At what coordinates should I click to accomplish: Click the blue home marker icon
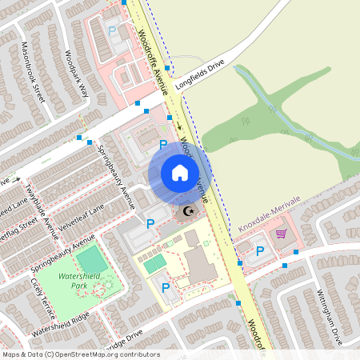[x=180, y=173]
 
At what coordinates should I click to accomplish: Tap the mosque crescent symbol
[x=189, y=212]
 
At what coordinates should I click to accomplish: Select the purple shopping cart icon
[x=281, y=234]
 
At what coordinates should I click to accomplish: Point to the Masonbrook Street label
[x=33, y=71]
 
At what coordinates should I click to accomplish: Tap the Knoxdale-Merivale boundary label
[x=269, y=214]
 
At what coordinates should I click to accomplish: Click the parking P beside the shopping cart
[x=260, y=251]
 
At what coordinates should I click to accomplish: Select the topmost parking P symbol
[x=112, y=30]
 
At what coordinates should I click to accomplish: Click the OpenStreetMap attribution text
[x=81, y=354]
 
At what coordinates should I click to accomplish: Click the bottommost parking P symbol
[x=166, y=287]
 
